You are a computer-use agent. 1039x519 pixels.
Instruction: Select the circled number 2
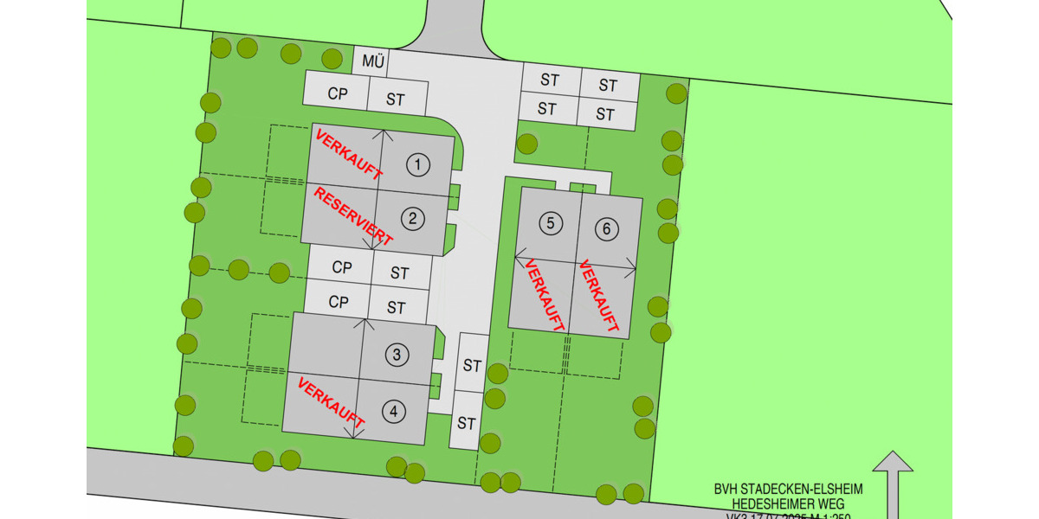413,219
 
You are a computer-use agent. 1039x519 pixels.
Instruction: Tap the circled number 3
397,355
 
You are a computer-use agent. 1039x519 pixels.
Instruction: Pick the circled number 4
394,412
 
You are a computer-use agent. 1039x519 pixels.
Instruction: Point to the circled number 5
551,223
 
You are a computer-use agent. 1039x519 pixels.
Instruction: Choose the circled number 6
607,229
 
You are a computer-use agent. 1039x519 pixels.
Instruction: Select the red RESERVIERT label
353,216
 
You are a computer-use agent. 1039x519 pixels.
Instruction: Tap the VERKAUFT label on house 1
349,155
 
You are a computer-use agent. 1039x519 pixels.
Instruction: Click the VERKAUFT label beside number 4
331,403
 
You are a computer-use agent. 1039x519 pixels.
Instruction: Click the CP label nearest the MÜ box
338,93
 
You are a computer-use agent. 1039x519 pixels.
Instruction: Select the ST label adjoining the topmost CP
396,99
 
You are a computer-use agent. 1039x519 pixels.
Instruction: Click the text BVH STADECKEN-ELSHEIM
788,490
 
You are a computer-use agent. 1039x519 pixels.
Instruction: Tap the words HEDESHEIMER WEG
788,503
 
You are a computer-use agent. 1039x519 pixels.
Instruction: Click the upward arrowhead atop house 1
387,132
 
